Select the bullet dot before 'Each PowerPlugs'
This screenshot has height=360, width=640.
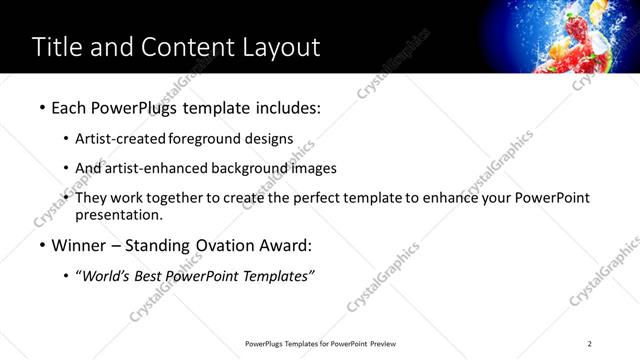[x=41, y=107]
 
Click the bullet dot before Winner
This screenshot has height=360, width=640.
[x=41, y=245]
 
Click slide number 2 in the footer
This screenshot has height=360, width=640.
[x=590, y=344]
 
